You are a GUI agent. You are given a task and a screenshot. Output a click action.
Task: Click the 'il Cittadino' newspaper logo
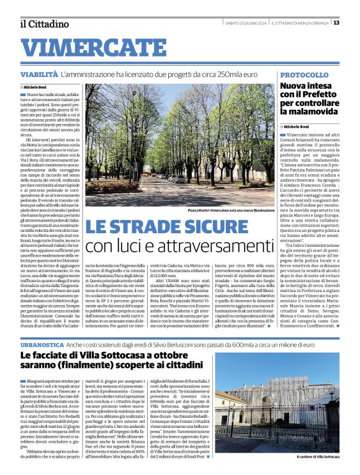[44, 24]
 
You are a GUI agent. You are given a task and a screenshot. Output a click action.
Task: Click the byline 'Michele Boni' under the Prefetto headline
[296, 127]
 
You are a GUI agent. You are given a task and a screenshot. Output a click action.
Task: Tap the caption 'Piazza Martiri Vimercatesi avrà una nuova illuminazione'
[223, 211]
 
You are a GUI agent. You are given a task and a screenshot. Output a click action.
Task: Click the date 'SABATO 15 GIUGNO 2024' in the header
[245, 23]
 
